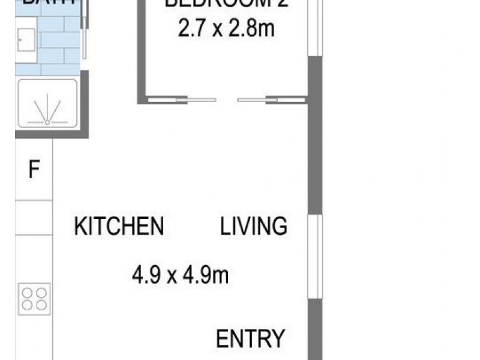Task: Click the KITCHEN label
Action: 119,227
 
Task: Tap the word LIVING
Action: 254,227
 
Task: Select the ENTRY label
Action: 250,339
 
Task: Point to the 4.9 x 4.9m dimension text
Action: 181,276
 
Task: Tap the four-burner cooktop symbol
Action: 34,298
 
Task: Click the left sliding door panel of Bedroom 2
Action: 180,100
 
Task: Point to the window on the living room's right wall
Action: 315,256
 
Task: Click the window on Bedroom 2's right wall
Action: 315,27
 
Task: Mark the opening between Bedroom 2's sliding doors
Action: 227,100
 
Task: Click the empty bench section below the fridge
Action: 34,217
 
